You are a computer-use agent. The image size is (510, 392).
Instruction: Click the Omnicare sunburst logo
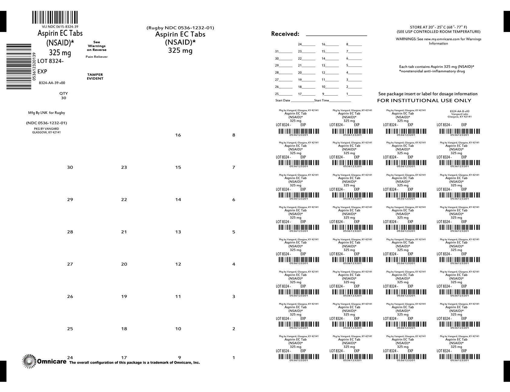tap(29, 361)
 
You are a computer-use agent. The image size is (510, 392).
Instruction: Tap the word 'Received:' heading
tap(285, 34)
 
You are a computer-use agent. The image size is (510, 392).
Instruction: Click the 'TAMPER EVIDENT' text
tap(95, 77)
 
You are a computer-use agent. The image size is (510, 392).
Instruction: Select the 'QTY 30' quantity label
tap(64, 96)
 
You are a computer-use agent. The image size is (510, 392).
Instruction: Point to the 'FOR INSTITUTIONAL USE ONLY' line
tap(424, 100)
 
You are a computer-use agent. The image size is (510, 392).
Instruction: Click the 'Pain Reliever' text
tap(96, 57)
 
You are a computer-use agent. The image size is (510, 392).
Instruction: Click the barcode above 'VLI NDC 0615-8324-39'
tap(55, 18)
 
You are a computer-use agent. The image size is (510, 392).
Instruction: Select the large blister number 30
tap(70, 167)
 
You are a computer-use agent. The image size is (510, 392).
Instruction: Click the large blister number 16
tap(178, 135)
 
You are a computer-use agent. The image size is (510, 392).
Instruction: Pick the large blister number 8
tap(234, 135)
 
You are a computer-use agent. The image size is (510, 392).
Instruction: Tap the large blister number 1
tap(234, 358)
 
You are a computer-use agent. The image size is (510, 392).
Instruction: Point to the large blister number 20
tap(124, 264)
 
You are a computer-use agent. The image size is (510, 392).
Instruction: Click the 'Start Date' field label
tap(283, 100)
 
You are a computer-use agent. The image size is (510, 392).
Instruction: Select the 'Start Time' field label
tap(322, 100)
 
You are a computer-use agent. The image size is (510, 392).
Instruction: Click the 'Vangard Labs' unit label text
tap(459, 114)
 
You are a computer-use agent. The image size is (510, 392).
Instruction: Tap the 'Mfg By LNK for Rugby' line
tap(47, 113)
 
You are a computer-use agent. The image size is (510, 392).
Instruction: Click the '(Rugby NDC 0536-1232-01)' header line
tap(180, 28)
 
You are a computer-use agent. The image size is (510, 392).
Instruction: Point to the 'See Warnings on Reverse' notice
tap(96, 46)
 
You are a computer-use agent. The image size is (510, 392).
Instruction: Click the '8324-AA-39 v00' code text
tap(52, 83)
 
